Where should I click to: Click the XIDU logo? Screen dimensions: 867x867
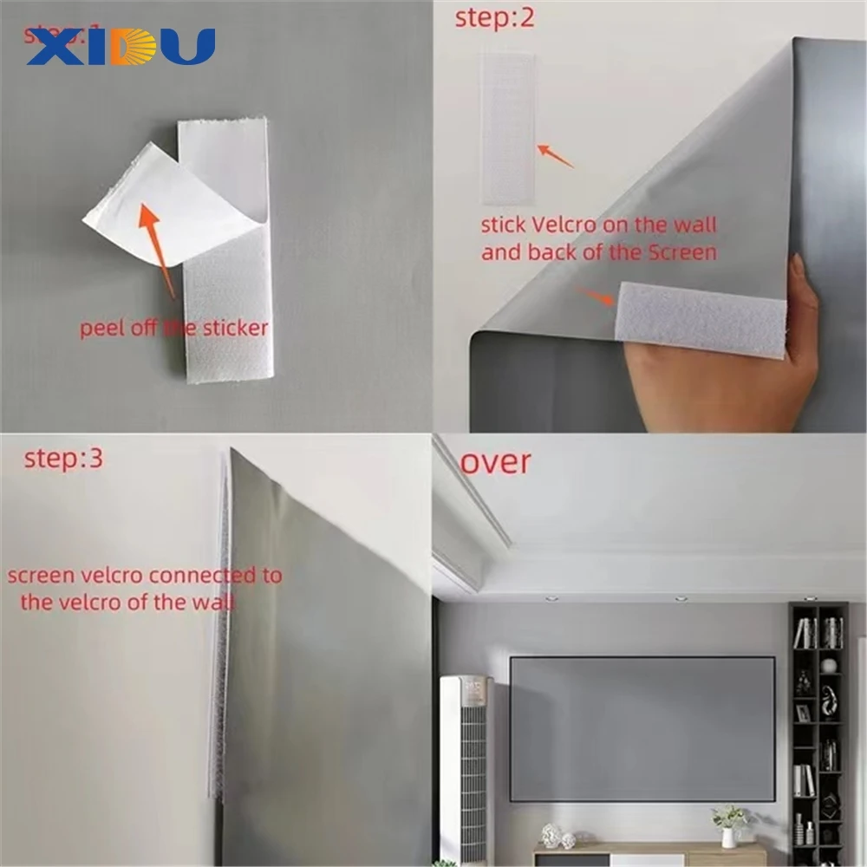pyautogui.click(x=121, y=47)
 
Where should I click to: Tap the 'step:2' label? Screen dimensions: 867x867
pyautogui.click(x=494, y=19)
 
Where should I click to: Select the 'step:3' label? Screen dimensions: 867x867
pyautogui.click(x=63, y=458)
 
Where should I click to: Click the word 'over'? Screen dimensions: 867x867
pyautogui.click(x=495, y=461)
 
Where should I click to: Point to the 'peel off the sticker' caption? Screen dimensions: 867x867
pyautogui.click(x=173, y=328)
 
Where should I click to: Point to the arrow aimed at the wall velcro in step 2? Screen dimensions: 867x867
pyautogui.click(x=556, y=157)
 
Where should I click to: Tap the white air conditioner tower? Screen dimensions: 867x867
pyautogui.click(x=464, y=763)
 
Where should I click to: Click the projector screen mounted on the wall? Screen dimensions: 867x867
pyautogui.click(x=642, y=728)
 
